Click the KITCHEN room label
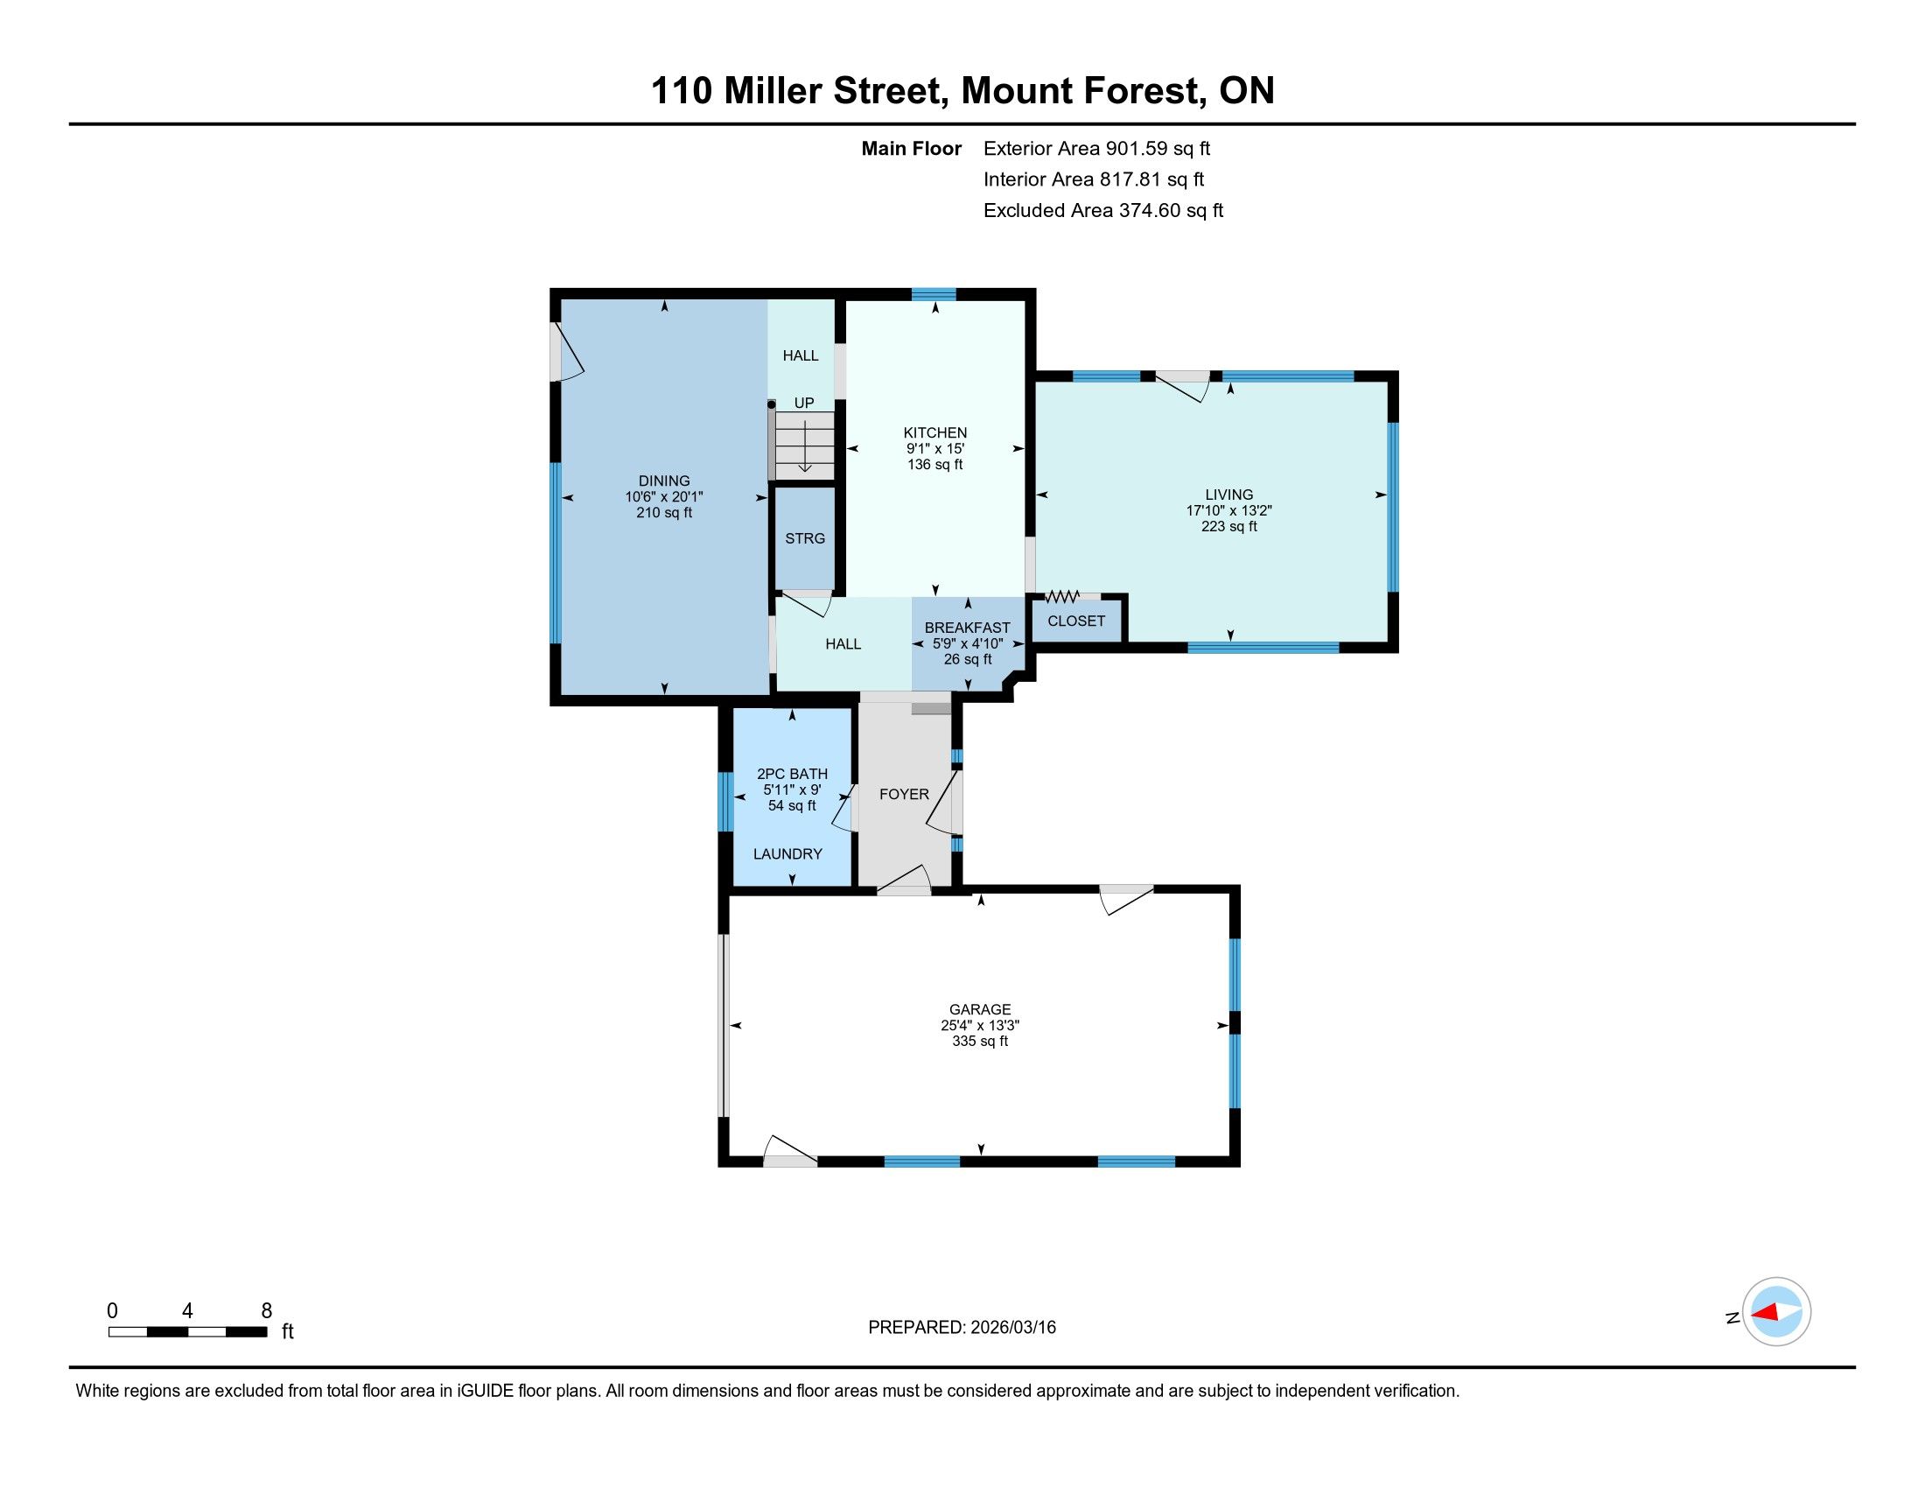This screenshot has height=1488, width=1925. click(935, 432)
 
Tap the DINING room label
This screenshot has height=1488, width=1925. click(664, 481)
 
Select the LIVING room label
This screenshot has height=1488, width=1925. click(1228, 495)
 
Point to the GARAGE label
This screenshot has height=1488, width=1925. click(980, 1009)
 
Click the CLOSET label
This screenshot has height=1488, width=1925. click(1076, 621)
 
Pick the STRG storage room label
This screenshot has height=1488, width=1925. click(805, 538)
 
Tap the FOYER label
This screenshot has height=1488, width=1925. click(905, 794)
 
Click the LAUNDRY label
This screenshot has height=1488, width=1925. click(787, 854)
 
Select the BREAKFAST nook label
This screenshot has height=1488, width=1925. click(967, 628)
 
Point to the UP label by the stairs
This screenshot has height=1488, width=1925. click(804, 403)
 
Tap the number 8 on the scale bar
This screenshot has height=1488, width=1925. click(266, 1311)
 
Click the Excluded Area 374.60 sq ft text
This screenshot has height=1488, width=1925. click(1103, 211)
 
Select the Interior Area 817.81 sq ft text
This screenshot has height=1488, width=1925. click(1094, 179)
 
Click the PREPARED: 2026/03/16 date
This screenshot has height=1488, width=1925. click(962, 1328)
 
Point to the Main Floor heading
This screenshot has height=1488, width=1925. click(912, 149)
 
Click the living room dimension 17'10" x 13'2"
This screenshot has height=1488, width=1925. click(1228, 510)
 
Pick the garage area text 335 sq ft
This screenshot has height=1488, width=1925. click(980, 1041)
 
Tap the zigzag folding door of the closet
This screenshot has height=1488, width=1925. click(1062, 597)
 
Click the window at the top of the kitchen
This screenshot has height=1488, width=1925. click(934, 294)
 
